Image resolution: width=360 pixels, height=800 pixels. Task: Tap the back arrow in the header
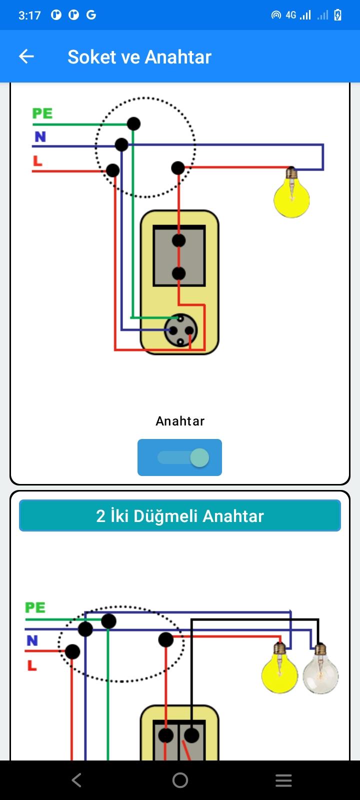coord(26,56)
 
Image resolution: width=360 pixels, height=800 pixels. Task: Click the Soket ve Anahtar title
coord(139,57)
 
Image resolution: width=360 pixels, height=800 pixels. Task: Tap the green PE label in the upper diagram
coord(42,113)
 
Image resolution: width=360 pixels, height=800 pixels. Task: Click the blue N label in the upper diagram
coord(40,136)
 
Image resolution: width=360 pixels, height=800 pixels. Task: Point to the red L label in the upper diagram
coord(37,160)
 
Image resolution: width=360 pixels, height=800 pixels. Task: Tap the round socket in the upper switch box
coord(180,330)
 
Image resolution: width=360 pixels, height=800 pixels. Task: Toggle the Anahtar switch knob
coord(199,457)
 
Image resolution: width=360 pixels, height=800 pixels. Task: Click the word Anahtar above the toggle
coord(180,421)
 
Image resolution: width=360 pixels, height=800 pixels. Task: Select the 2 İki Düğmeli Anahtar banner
coord(180,515)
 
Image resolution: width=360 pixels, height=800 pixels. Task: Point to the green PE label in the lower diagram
coord(35,607)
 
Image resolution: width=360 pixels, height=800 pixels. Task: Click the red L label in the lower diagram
coord(32,665)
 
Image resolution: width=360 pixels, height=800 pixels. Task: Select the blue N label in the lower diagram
coord(32,640)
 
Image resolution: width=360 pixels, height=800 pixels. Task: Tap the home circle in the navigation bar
coord(180,780)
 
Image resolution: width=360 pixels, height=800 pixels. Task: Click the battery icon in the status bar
coord(337,15)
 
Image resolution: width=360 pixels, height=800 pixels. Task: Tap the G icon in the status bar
coord(91,14)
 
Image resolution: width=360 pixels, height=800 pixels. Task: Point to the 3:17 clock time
coord(29,15)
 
